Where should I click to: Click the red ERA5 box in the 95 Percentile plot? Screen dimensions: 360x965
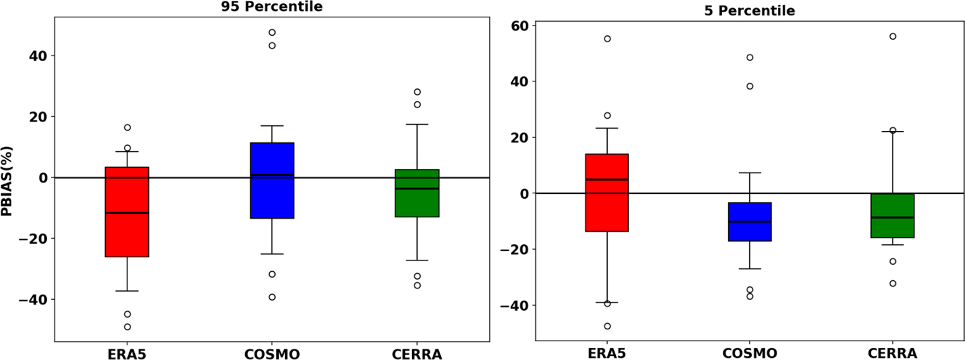127,233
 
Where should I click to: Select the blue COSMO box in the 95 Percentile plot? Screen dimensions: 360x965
272,196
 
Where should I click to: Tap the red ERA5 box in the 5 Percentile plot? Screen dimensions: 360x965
607,205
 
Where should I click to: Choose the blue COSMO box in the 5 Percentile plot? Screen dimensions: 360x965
750,231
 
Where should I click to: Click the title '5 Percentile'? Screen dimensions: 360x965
749,11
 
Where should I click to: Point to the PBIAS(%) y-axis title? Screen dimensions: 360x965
7,181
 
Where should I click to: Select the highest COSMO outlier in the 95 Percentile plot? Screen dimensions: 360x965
272,32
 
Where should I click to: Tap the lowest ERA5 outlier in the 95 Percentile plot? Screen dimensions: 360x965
127,327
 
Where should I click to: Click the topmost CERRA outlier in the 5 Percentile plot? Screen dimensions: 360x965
893,36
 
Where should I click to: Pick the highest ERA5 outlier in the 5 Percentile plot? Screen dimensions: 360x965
607,39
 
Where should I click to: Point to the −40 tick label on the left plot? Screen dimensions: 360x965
33,300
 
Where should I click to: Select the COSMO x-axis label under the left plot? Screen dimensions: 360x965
272,354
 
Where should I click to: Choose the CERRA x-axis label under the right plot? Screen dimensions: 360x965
892,353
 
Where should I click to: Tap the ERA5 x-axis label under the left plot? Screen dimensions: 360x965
127,354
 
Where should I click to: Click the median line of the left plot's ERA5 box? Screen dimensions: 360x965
127,213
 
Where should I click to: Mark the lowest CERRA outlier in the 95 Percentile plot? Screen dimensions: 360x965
417,285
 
